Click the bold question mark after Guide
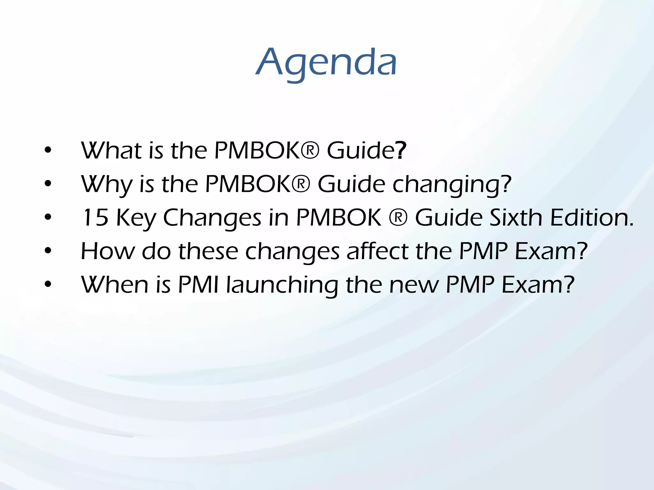[x=401, y=151]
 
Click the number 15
[x=95, y=218]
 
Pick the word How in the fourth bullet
[x=108, y=251]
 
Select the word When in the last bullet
[x=115, y=285]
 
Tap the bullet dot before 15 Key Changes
[x=48, y=218]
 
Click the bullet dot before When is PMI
[x=48, y=285]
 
